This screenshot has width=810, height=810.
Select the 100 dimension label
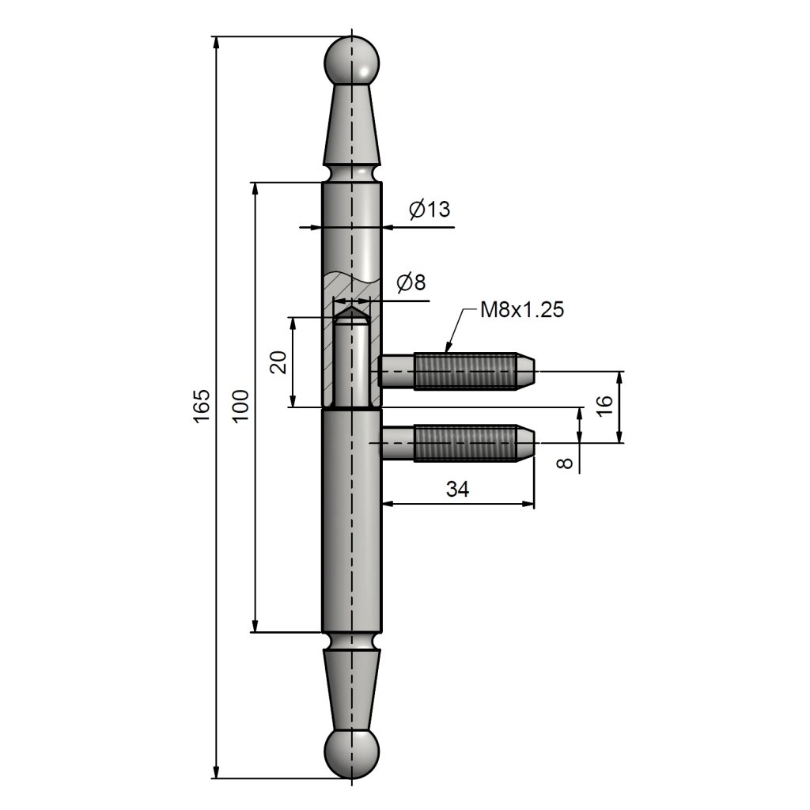pos(240,407)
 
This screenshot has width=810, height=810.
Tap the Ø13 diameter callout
pos(430,209)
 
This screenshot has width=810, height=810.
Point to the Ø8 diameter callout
pos(411,282)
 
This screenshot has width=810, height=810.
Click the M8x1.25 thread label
pos(522,310)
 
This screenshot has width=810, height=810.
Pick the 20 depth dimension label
pos(278,361)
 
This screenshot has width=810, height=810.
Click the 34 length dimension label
pos(458,489)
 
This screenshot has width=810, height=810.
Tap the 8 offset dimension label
pos(566,462)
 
